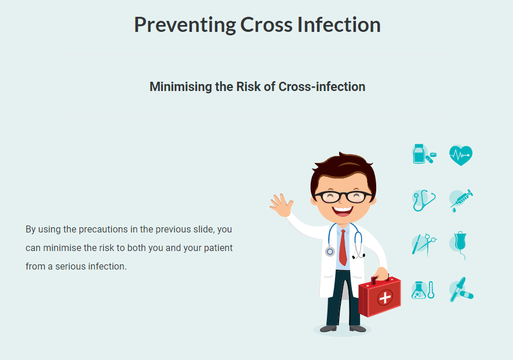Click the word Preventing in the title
(185, 25)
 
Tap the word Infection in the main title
(339, 24)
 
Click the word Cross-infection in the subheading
(322, 86)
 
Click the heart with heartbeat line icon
(461, 155)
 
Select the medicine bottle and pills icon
(424, 154)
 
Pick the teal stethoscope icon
(424, 201)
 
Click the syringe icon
(461, 201)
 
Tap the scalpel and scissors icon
(424, 244)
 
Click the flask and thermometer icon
(423, 290)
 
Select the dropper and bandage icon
(461, 290)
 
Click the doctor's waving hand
(281, 206)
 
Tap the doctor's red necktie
(343, 247)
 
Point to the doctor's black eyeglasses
(343, 197)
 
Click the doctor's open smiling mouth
(343, 210)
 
